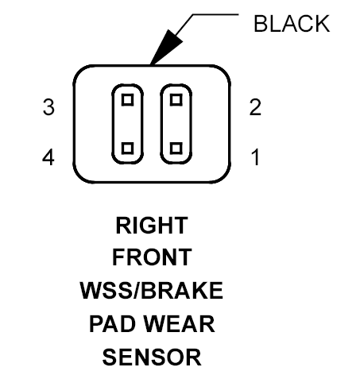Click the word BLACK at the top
click(292, 24)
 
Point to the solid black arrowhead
click(167, 47)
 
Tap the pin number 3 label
click(48, 107)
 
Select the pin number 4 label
click(48, 157)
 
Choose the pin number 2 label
click(255, 107)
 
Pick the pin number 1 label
click(256, 157)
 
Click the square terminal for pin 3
click(127, 100)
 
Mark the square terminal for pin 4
click(127, 148)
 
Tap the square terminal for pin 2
click(176, 100)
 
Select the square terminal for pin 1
click(176, 148)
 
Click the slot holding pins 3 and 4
click(114, 124)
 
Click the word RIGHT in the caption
click(152, 226)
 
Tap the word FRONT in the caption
click(152, 257)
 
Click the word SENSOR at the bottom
click(152, 357)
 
